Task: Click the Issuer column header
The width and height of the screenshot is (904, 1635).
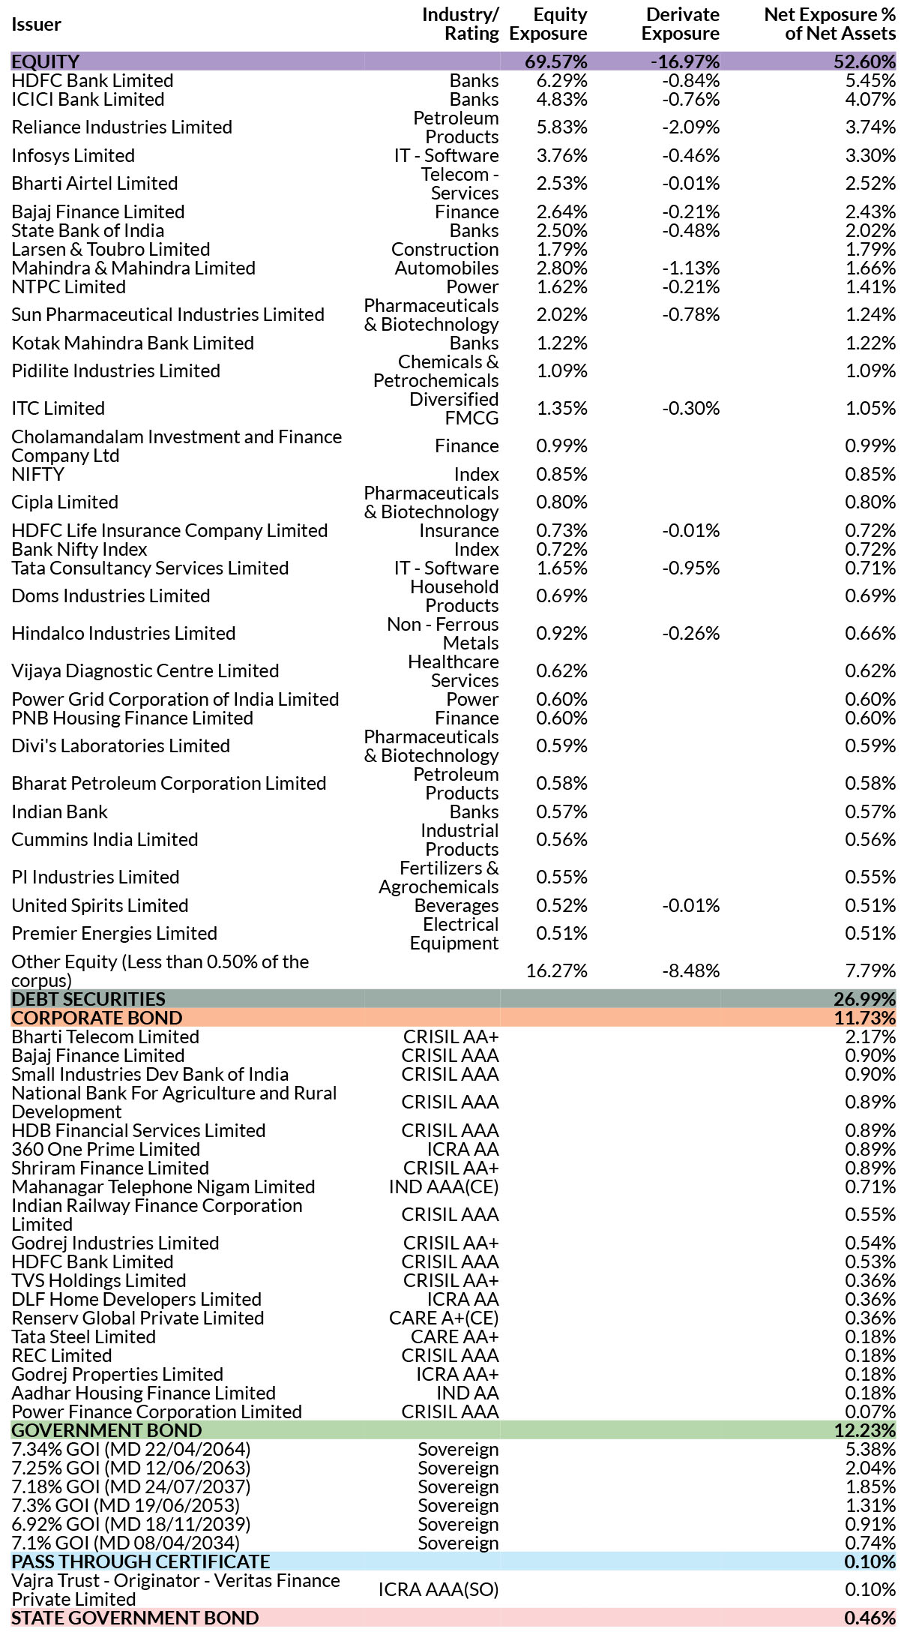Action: tap(36, 24)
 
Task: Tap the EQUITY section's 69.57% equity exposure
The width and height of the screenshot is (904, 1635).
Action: tap(556, 61)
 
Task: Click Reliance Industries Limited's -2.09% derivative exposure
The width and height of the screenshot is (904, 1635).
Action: tap(690, 127)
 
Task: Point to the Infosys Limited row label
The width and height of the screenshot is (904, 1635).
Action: tap(73, 155)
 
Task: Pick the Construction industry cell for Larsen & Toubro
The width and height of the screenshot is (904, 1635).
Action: tap(445, 249)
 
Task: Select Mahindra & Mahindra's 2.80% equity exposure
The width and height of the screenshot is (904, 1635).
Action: tap(562, 268)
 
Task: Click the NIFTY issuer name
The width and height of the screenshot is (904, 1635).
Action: tap(38, 474)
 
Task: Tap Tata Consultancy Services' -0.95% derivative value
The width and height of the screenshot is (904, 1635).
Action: tap(690, 568)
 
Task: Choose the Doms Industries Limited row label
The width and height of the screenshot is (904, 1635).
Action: tap(111, 596)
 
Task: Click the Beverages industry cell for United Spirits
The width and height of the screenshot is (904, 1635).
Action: tap(456, 905)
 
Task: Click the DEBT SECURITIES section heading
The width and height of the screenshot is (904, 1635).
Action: tap(88, 999)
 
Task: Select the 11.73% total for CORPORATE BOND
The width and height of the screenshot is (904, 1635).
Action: tap(865, 1018)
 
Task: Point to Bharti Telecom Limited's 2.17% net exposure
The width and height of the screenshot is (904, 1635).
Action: tap(870, 1036)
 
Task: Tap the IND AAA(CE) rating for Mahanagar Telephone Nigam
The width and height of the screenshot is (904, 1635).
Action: tap(444, 1186)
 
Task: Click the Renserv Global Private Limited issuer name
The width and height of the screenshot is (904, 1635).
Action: tap(138, 1318)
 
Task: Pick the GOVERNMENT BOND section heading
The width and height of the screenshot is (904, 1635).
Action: tap(107, 1430)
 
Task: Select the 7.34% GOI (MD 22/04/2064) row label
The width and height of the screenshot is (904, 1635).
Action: tap(131, 1449)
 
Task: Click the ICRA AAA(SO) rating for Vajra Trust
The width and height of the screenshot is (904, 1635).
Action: tap(439, 1590)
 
